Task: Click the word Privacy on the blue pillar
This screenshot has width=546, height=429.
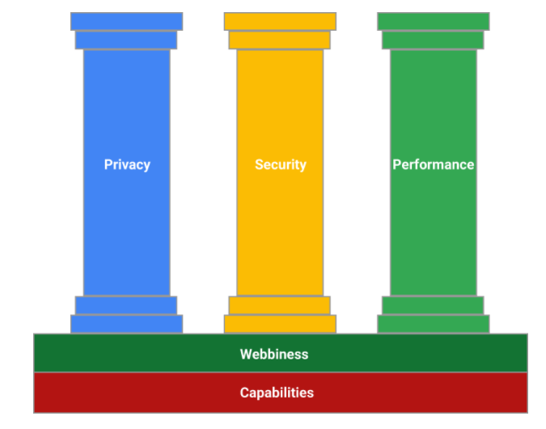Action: click(127, 164)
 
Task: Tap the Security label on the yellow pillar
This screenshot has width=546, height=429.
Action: click(280, 164)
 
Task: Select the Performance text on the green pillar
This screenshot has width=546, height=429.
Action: click(433, 164)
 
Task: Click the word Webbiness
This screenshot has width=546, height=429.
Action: click(274, 354)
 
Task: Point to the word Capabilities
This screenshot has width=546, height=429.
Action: click(277, 393)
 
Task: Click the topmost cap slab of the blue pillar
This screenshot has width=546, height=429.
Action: click(126, 21)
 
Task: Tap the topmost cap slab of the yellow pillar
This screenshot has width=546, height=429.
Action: click(280, 21)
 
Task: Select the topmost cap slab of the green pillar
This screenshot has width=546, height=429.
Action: click(433, 21)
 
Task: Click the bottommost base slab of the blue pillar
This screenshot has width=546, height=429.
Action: click(126, 324)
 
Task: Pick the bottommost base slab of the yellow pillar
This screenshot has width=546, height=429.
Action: click(280, 324)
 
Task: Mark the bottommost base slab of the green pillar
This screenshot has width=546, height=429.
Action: click(433, 324)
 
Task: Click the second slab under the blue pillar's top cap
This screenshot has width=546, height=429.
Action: click(126, 40)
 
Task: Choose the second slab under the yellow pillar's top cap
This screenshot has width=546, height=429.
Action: click(280, 40)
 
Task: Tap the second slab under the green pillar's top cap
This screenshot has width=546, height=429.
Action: click(433, 40)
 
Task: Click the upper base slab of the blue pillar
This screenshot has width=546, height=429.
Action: click(126, 305)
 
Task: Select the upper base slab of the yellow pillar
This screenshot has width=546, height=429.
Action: click(280, 305)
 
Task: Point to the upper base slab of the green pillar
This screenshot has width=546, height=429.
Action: click(433, 305)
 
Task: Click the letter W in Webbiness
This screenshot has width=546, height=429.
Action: click(245, 354)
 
